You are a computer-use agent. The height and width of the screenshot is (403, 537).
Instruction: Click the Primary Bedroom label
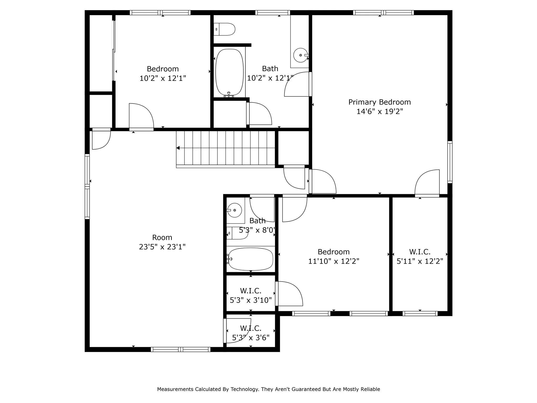(379, 102)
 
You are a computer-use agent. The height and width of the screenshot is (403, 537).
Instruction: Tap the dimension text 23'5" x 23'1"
(162, 247)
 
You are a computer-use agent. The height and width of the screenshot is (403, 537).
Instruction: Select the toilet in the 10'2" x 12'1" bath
(224, 29)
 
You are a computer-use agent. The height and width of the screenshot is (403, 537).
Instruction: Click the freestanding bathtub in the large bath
(229, 72)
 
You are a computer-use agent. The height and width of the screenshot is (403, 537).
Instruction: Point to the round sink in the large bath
(300, 55)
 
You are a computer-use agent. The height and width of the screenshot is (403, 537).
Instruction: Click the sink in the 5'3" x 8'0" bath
(234, 210)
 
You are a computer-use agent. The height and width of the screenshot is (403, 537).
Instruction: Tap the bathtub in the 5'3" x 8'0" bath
(250, 259)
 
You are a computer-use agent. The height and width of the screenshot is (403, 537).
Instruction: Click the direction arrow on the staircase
(178, 148)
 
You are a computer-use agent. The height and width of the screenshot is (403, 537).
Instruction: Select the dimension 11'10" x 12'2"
(334, 261)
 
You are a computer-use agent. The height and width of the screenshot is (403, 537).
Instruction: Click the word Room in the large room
(162, 237)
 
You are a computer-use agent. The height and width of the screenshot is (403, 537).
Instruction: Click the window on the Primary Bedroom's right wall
(450, 162)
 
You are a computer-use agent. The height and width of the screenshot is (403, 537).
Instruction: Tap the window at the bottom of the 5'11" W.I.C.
(420, 314)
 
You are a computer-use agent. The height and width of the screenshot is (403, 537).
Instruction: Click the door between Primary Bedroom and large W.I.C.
(427, 184)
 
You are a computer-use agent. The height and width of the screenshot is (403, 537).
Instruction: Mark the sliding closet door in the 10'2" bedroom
(114, 50)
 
